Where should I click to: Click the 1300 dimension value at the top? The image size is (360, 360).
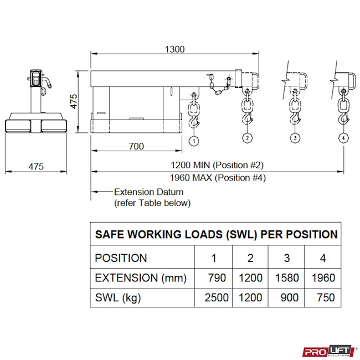[174, 49]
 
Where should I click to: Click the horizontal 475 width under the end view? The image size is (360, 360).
[35, 166]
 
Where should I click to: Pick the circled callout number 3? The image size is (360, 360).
[295, 137]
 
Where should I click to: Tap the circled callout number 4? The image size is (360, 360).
[344, 137]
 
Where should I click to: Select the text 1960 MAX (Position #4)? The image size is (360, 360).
[218, 178]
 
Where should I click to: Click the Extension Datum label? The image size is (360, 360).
[148, 192]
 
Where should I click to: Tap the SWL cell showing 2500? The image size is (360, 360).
[217, 297]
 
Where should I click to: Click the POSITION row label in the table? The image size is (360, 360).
[121, 258]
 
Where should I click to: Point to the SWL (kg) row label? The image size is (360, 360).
[118, 297]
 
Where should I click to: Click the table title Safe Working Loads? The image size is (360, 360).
[217, 234]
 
